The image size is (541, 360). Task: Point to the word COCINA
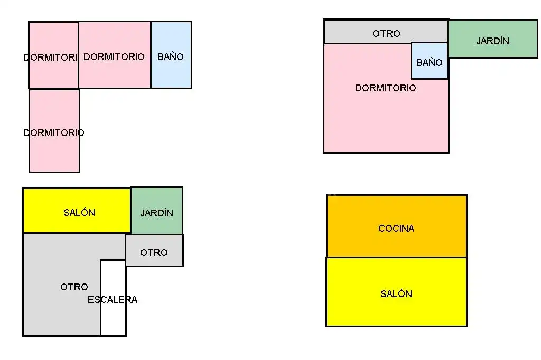[x=396, y=228]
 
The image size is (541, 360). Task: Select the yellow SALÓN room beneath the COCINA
[x=396, y=292]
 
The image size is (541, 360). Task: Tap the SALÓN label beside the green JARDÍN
[x=79, y=212]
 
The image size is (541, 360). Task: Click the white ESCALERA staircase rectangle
[x=113, y=297]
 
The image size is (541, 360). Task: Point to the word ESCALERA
[x=113, y=300]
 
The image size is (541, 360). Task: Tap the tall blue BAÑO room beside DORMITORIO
[x=171, y=55]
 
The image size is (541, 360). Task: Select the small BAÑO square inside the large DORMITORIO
[x=429, y=61]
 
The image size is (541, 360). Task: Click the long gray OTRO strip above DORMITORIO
[x=386, y=31]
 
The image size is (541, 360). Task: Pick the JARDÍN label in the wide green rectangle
[x=493, y=41]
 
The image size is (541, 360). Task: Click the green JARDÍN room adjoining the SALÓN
[x=156, y=211]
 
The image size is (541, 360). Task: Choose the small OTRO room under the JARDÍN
[x=154, y=250]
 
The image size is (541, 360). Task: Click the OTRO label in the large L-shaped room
[x=74, y=287]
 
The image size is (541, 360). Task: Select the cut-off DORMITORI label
[x=50, y=57]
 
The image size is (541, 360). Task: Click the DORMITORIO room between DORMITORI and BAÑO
[x=115, y=55]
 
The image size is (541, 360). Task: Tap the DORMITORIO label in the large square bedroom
[x=385, y=88]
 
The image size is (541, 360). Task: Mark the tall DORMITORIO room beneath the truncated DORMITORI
[x=54, y=131]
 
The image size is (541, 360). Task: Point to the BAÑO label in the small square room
[x=429, y=62]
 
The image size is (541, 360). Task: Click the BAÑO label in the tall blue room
[x=171, y=56]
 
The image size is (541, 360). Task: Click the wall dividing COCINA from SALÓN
[x=396, y=257]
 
